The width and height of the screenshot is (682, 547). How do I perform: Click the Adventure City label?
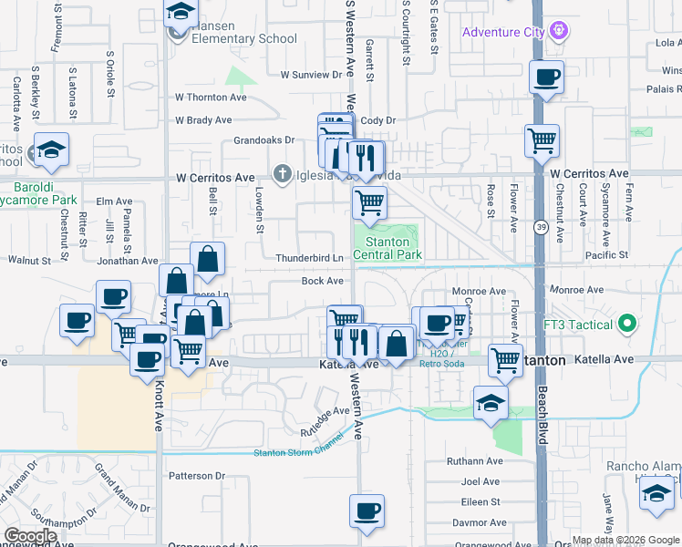point(502,33)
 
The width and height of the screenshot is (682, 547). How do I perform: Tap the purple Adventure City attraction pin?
point(559,32)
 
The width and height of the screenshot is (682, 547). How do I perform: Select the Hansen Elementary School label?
point(243,38)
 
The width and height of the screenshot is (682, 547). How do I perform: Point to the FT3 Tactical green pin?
point(626,324)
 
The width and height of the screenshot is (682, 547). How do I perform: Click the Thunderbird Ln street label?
point(309,258)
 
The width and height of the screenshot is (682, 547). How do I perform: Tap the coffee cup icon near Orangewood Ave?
point(367,512)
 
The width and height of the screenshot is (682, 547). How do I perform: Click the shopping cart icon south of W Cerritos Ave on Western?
point(369,203)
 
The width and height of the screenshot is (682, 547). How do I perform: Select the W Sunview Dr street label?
point(310,75)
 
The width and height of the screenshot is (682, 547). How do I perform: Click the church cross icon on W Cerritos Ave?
point(284,174)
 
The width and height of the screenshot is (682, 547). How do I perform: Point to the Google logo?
point(30,536)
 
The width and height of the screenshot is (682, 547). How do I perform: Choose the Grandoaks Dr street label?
point(263,140)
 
